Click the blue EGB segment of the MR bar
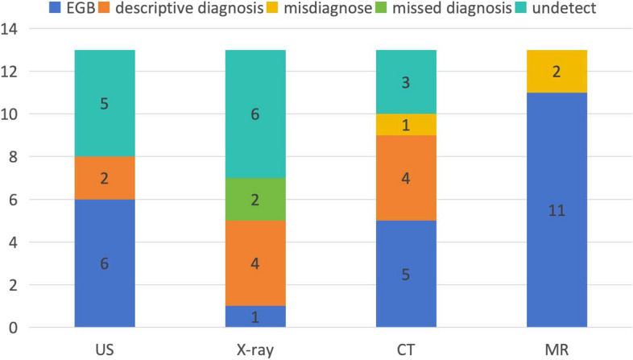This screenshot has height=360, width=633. (556, 210)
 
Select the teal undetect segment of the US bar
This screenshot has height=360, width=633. (105, 103)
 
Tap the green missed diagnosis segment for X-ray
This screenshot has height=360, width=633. (255, 200)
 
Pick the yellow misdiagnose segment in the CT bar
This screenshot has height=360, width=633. (406, 125)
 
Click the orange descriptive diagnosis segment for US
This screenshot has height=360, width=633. (105, 178)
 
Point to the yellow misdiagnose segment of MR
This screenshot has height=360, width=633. (556, 72)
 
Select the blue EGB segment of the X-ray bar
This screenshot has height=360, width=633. (255, 317)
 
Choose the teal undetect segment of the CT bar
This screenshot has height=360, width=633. (406, 82)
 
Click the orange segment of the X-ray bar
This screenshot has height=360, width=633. (255, 263)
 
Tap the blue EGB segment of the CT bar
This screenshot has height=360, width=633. (406, 274)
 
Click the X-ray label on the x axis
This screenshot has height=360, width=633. (255, 350)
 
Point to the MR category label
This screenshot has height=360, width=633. (556, 350)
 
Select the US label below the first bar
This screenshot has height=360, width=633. (105, 350)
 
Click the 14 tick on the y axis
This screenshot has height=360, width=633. (10, 29)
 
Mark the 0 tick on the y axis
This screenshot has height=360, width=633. (14, 327)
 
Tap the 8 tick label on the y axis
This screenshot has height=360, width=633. (14, 156)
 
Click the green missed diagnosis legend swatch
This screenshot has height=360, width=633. (381, 7)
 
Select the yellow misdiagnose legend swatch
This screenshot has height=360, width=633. (272, 7)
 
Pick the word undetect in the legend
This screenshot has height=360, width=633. (564, 8)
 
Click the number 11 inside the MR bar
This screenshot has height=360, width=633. (556, 210)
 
